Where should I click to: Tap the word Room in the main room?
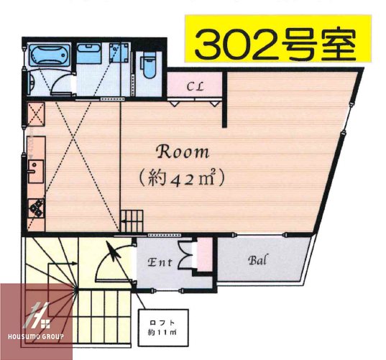(183, 152)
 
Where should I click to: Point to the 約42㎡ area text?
(183, 177)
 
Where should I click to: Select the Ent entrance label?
(159, 263)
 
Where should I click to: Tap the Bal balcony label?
(259, 260)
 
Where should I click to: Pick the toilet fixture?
(149, 68)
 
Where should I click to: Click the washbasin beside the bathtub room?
(88, 55)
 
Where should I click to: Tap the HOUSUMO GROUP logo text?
(36, 336)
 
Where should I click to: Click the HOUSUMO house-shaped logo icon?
(36, 314)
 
